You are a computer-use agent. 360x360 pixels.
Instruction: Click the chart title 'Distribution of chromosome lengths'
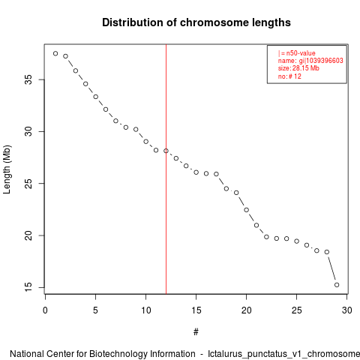pos(196,22)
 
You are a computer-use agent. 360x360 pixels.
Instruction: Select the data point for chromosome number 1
pos(55,53)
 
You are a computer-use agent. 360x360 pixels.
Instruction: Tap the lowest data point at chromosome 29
pos(337,285)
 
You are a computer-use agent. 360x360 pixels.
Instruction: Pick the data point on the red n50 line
pos(166,151)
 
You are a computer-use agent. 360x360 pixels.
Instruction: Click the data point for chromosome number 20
pos(247,210)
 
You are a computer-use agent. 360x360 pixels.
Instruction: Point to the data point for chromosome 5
pos(96,97)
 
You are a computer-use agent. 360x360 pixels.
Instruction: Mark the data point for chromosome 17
pos(216,174)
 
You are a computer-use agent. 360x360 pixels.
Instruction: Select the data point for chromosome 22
pos(266,237)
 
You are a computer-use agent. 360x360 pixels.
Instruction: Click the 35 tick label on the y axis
pos(28,79)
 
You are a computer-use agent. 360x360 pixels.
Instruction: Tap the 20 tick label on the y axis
pos(28,235)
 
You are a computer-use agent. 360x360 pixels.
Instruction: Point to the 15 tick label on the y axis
pos(28,287)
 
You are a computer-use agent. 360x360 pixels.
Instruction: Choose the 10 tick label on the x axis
pos(146,310)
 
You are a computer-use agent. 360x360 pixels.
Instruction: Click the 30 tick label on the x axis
pos(347,310)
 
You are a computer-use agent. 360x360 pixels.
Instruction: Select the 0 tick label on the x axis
pos(45,310)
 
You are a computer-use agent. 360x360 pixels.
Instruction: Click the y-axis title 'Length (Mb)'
pos(7,169)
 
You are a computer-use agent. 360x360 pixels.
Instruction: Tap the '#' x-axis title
pos(196,332)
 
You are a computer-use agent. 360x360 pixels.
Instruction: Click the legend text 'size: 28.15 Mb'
pos(298,68)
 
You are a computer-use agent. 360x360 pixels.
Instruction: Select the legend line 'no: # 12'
pos(289,76)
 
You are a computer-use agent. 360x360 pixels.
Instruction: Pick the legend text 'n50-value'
pos(301,53)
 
